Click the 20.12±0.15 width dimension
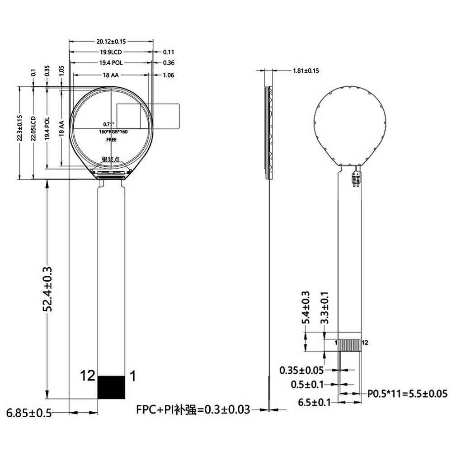click(111, 42)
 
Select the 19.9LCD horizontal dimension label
click(111, 52)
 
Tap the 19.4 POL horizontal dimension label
click(111, 62)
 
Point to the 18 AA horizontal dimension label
click(111, 75)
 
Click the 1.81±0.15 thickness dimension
click(306, 71)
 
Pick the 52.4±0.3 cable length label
click(47, 289)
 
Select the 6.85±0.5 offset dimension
click(29, 413)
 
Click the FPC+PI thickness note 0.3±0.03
click(193, 410)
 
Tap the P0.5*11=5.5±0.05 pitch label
click(407, 394)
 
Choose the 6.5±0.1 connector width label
click(314, 402)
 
